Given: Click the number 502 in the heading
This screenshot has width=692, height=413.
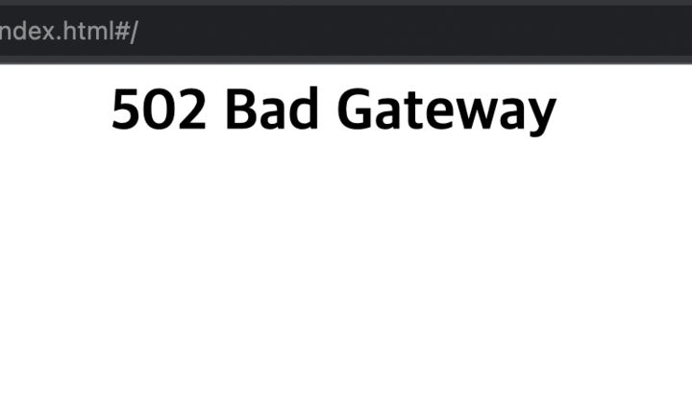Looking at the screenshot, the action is pyautogui.click(x=159, y=110).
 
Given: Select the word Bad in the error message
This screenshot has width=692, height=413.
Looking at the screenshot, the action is pyautogui.click(x=272, y=110).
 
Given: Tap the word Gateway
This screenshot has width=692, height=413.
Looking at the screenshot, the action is pyautogui.click(x=446, y=112).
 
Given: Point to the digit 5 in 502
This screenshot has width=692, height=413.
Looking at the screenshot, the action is pyautogui.click(x=127, y=110).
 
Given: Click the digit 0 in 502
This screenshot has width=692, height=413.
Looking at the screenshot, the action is pyautogui.click(x=159, y=110).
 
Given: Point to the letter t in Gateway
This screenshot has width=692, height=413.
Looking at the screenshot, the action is pyautogui.click(x=414, y=111).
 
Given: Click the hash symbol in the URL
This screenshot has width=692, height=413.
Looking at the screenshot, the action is pyautogui.click(x=120, y=31).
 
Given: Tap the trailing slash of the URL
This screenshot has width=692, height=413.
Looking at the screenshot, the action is pyautogui.click(x=134, y=31).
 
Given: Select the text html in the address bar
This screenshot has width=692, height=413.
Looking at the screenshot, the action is pyautogui.click(x=86, y=31).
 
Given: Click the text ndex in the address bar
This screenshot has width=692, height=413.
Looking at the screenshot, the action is pyautogui.click(x=26, y=31).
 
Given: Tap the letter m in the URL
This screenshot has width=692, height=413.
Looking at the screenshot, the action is pyautogui.click(x=94, y=33).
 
